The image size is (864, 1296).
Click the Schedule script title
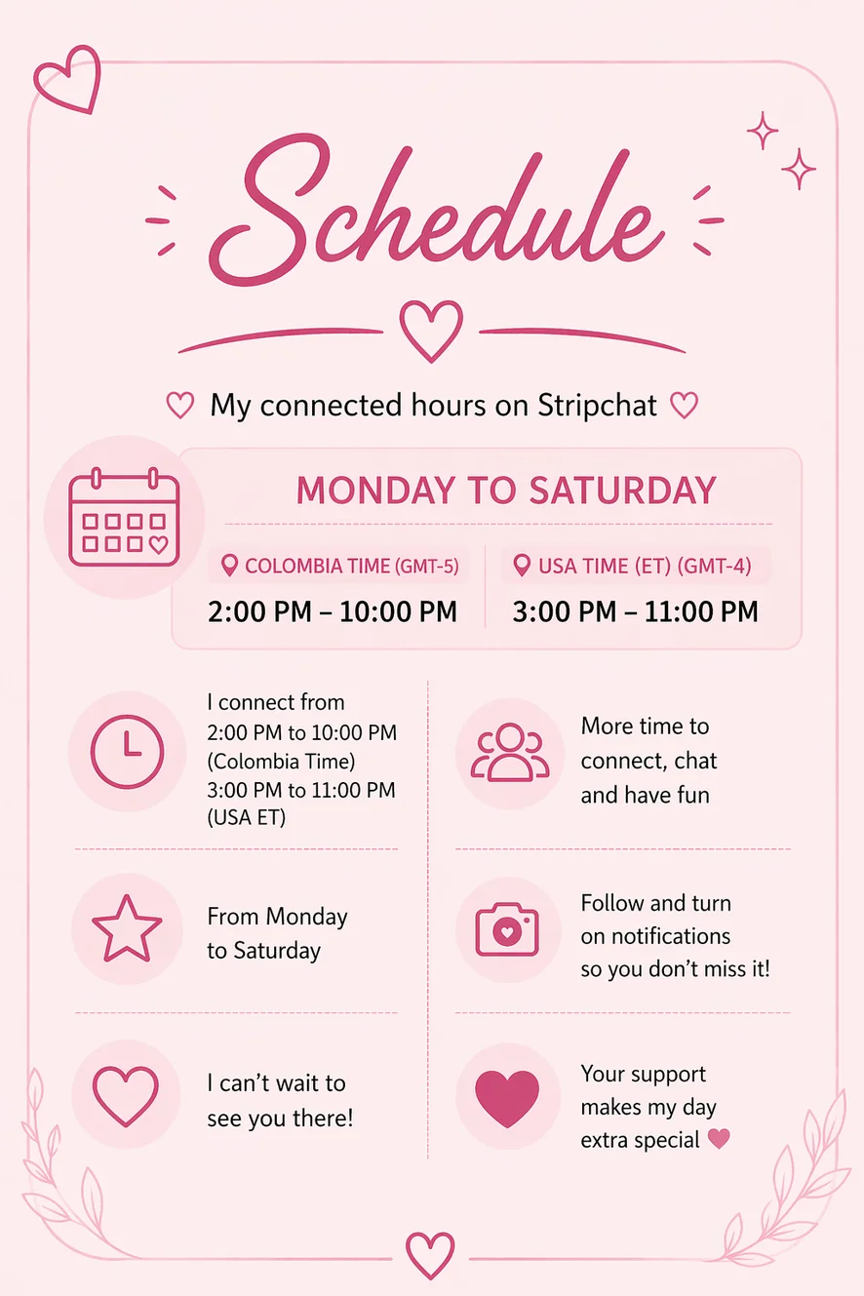[437, 212]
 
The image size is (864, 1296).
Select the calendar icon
[125, 517]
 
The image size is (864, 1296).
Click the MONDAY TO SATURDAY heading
[506, 491]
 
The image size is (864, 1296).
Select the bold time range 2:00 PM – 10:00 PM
[333, 611]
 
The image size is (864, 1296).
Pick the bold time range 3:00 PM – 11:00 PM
[635, 611]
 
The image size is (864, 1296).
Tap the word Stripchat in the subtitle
[597, 405]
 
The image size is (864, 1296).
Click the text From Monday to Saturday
[277, 933]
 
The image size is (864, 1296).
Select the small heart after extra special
[719, 1139]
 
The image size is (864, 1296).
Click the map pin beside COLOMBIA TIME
[230, 566]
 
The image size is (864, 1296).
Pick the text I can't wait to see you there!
[280, 1100]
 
